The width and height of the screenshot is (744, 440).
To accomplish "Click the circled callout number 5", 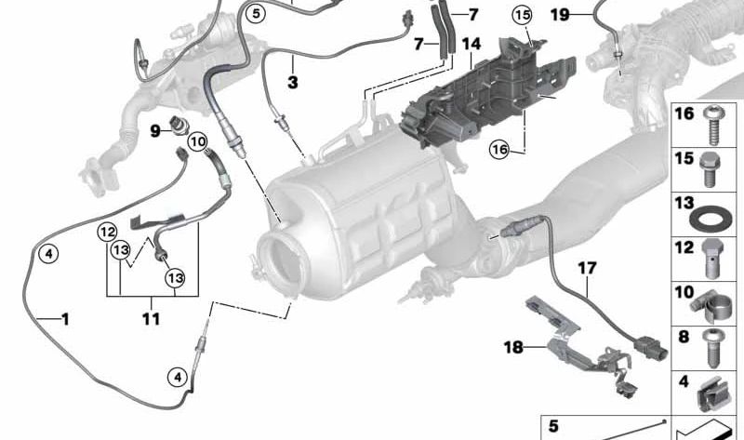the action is (256, 14).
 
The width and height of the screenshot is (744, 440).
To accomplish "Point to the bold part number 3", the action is (293, 82).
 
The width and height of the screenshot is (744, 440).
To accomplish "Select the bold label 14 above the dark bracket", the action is (472, 44).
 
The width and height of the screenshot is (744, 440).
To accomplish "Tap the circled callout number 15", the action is (522, 15).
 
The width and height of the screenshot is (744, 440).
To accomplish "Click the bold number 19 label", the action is (560, 15).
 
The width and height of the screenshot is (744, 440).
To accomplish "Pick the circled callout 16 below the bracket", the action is (499, 150).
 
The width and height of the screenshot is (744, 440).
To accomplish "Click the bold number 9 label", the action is (155, 130).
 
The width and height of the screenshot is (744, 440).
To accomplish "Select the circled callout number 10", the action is (198, 141).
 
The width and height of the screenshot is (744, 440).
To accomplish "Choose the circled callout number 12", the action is (107, 233).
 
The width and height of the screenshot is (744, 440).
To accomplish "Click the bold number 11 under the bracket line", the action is (151, 318).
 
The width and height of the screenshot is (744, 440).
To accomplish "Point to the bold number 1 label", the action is (65, 319).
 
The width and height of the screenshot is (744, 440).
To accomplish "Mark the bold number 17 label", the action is (587, 269).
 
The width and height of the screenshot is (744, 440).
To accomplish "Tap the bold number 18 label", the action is (513, 348).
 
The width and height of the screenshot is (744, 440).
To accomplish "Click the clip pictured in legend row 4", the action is (710, 394).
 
